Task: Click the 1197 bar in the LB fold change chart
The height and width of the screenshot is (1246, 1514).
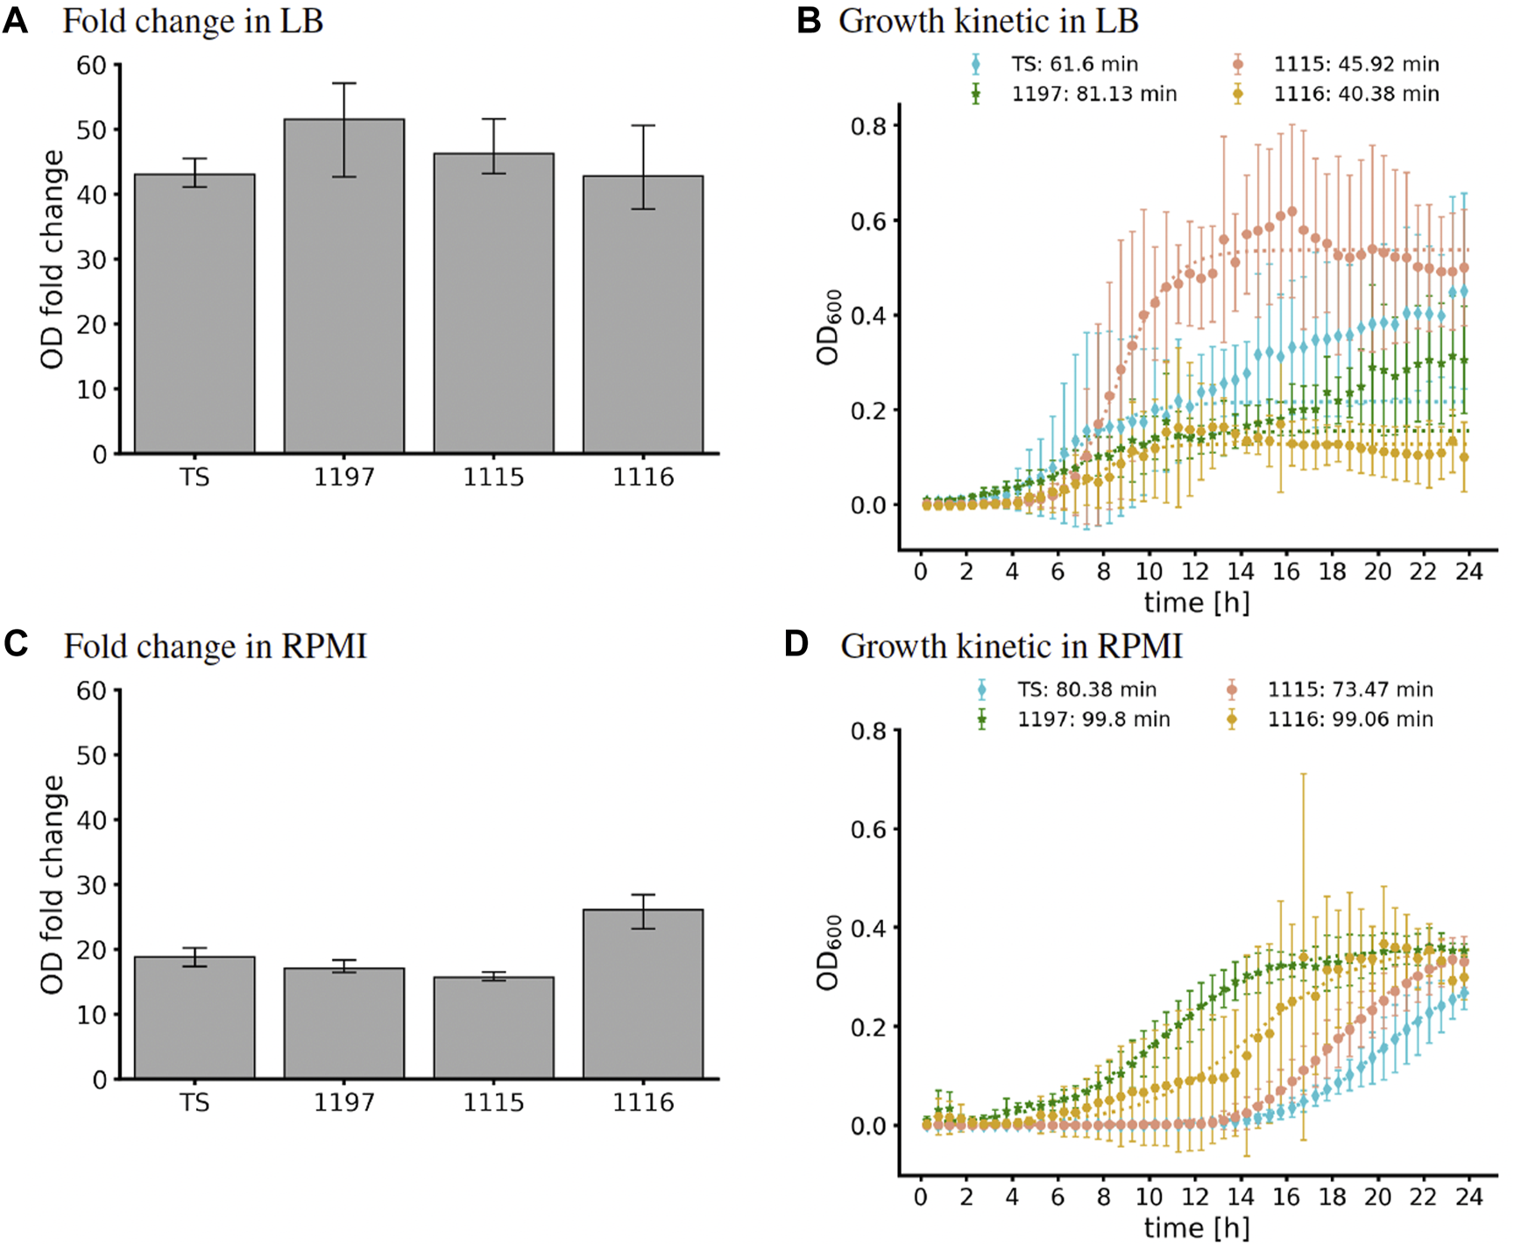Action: point(343,289)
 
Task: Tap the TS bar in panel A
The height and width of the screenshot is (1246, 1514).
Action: point(195,315)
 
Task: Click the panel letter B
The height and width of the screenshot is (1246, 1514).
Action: point(809,21)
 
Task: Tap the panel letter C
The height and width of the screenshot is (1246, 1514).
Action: point(16,645)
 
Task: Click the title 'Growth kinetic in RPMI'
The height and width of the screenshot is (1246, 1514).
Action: point(1011,647)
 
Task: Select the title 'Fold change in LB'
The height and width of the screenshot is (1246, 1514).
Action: point(193,21)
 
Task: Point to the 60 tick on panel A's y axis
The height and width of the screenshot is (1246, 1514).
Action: point(91,66)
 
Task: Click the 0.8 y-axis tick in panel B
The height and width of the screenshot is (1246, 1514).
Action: point(868,126)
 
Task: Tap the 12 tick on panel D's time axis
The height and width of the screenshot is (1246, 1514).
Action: point(1195,1197)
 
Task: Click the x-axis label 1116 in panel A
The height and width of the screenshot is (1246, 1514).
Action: point(643,478)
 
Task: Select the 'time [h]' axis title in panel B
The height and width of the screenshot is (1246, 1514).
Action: point(1196,603)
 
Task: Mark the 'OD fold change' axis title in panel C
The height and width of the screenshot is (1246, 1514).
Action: point(53,885)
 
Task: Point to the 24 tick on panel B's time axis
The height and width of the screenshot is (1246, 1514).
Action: point(1469,572)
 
